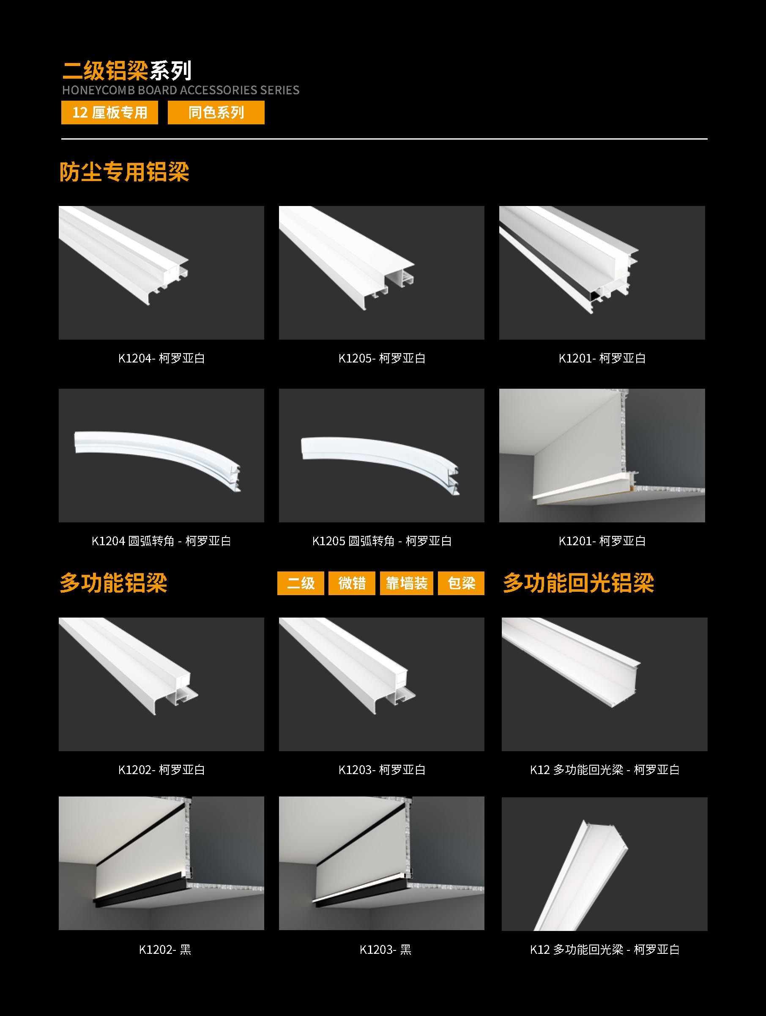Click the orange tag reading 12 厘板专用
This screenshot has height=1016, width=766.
tap(109, 113)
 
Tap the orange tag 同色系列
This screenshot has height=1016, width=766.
tap(216, 113)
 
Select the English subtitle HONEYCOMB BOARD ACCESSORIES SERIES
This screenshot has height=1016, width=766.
tap(181, 90)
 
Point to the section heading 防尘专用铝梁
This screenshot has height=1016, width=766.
tap(124, 172)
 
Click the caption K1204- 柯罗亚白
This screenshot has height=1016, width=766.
tap(161, 358)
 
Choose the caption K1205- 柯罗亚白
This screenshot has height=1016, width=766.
tap(382, 358)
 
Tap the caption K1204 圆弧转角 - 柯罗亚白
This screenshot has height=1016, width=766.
tap(161, 541)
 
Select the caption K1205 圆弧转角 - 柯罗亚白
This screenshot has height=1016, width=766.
tap(382, 541)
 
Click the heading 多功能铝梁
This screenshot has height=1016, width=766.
tap(113, 583)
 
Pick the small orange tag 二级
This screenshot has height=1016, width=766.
tap(301, 583)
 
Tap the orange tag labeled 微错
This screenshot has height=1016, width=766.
tap(352, 583)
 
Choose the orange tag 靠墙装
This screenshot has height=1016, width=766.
tap(407, 583)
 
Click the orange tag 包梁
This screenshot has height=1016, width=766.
tap(461, 583)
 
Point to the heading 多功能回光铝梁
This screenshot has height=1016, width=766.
tap(578, 583)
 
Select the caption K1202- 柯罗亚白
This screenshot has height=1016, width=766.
tap(161, 769)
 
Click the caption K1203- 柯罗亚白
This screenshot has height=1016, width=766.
tap(382, 769)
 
